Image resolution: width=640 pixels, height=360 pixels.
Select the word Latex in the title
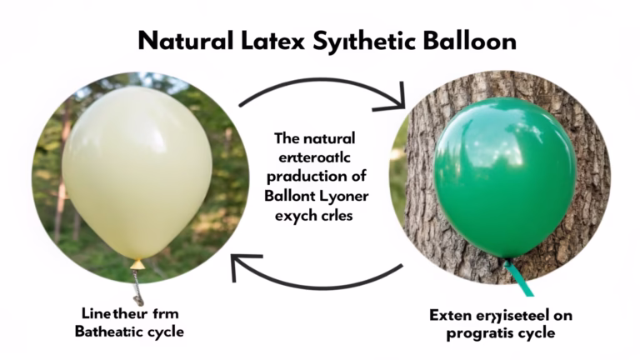click(265, 41)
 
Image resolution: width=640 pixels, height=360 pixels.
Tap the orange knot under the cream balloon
click(137, 263)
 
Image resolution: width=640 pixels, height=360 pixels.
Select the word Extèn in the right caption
click(450, 316)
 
